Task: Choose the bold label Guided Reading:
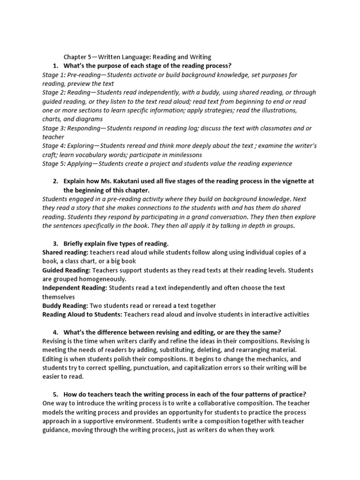coord(66,270)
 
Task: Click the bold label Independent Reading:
coord(75,288)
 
